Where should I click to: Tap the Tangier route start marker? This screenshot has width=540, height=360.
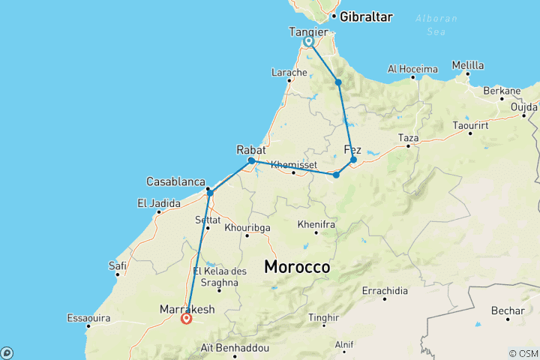309,42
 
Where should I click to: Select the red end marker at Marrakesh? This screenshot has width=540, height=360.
187,318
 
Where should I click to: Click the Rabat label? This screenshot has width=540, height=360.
251,149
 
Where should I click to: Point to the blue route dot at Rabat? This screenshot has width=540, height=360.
251,160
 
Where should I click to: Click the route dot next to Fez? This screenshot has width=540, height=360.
353,160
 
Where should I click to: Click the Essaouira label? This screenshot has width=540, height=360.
88,318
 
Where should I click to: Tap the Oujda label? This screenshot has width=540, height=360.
523,106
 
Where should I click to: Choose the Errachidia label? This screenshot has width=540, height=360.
385,290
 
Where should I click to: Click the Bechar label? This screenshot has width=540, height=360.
507,310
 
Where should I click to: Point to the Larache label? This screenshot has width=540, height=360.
289,73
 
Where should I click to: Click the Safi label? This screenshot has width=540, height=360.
118,265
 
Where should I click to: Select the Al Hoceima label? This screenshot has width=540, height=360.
412,69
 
